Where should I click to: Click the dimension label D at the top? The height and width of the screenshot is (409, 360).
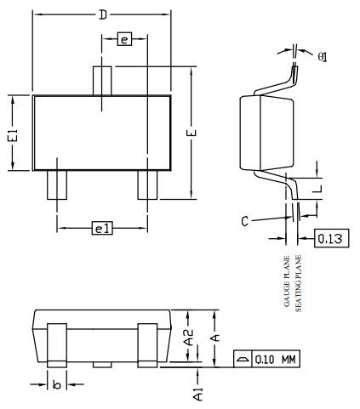pos(103,14)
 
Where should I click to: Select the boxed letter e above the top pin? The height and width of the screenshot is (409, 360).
pos(123,40)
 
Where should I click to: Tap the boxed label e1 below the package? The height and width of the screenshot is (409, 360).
pos(102,228)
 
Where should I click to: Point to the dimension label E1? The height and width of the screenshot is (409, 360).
pos(12,133)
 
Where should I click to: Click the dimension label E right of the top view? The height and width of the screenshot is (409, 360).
pos(191,135)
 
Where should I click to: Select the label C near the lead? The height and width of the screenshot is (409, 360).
pos(245,221)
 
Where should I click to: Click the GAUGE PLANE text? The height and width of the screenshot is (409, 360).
pos(288,281)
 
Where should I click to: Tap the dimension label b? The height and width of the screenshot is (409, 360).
pos(56,384)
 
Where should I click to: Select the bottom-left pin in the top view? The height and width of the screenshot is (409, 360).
pos(56,185)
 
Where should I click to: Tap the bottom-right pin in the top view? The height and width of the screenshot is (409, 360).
pos(147,185)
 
